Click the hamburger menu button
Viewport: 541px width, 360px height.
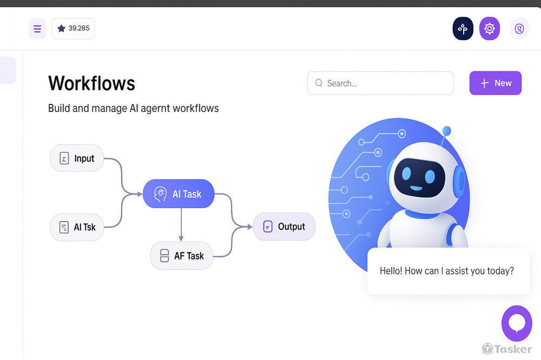[x=37, y=29]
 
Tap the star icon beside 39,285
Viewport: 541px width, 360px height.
[x=61, y=28]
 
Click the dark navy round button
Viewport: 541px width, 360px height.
[x=463, y=29]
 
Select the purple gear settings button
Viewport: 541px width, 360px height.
[x=490, y=29]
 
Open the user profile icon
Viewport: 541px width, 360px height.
[x=519, y=29]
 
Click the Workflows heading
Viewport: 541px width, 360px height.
[x=91, y=83]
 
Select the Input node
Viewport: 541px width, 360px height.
[x=77, y=158]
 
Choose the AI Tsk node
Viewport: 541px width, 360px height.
[x=77, y=227]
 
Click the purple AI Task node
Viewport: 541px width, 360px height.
[x=179, y=194]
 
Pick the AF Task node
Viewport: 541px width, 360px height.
[x=181, y=256]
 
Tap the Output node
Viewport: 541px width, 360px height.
[x=284, y=226]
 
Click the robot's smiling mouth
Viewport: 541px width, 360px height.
[x=416, y=189]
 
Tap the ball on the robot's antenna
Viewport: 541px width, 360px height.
[x=446, y=130]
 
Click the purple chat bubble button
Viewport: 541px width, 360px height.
[x=517, y=323]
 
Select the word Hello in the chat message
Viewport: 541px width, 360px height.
[x=391, y=271]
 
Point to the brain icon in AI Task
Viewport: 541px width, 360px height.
[x=160, y=194]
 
